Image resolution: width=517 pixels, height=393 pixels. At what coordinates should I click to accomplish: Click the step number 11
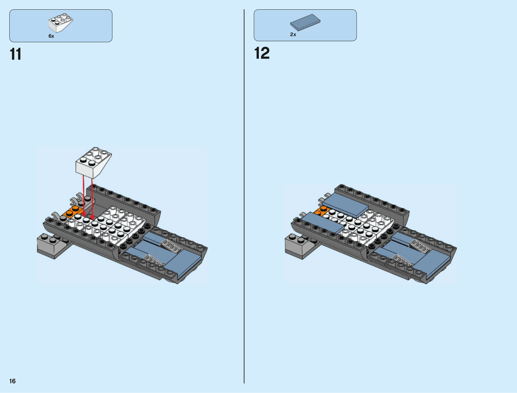[x=16, y=54]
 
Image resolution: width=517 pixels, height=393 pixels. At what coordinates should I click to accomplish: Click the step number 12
[x=262, y=53]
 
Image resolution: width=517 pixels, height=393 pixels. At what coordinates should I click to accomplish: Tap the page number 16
[x=12, y=381]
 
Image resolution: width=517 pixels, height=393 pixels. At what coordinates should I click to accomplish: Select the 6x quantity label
[x=51, y=36]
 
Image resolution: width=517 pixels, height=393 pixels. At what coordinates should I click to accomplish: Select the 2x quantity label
[x=293, y=35]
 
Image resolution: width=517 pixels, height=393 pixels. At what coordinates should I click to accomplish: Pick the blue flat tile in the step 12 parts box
[x=305, y=22]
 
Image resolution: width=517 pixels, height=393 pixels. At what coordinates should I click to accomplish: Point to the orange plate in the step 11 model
[x=72, y=212]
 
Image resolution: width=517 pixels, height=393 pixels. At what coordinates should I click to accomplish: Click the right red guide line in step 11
[x=92, y=197]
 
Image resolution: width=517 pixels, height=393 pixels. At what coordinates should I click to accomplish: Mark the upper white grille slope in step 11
[x=172, y=246]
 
